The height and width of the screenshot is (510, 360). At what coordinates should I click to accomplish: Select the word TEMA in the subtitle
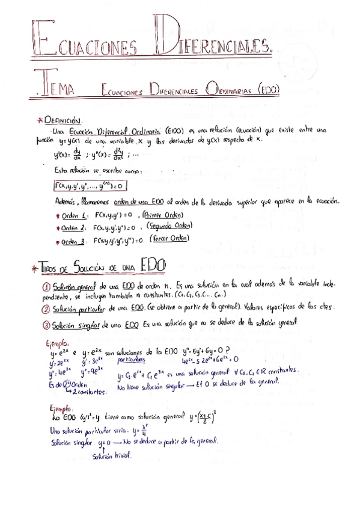pyautogui.click(x=54, y=88)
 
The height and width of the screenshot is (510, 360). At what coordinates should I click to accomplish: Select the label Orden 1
pyautogui.click(x=76, y=215)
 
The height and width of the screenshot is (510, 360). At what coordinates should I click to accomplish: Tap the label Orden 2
pyautogui.click(x=76, y=228)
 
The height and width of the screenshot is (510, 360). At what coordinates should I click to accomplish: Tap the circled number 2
pyautogui.click(x=46, y=309)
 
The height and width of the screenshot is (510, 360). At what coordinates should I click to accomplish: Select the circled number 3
pyautogui.click(x=46, y=325)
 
